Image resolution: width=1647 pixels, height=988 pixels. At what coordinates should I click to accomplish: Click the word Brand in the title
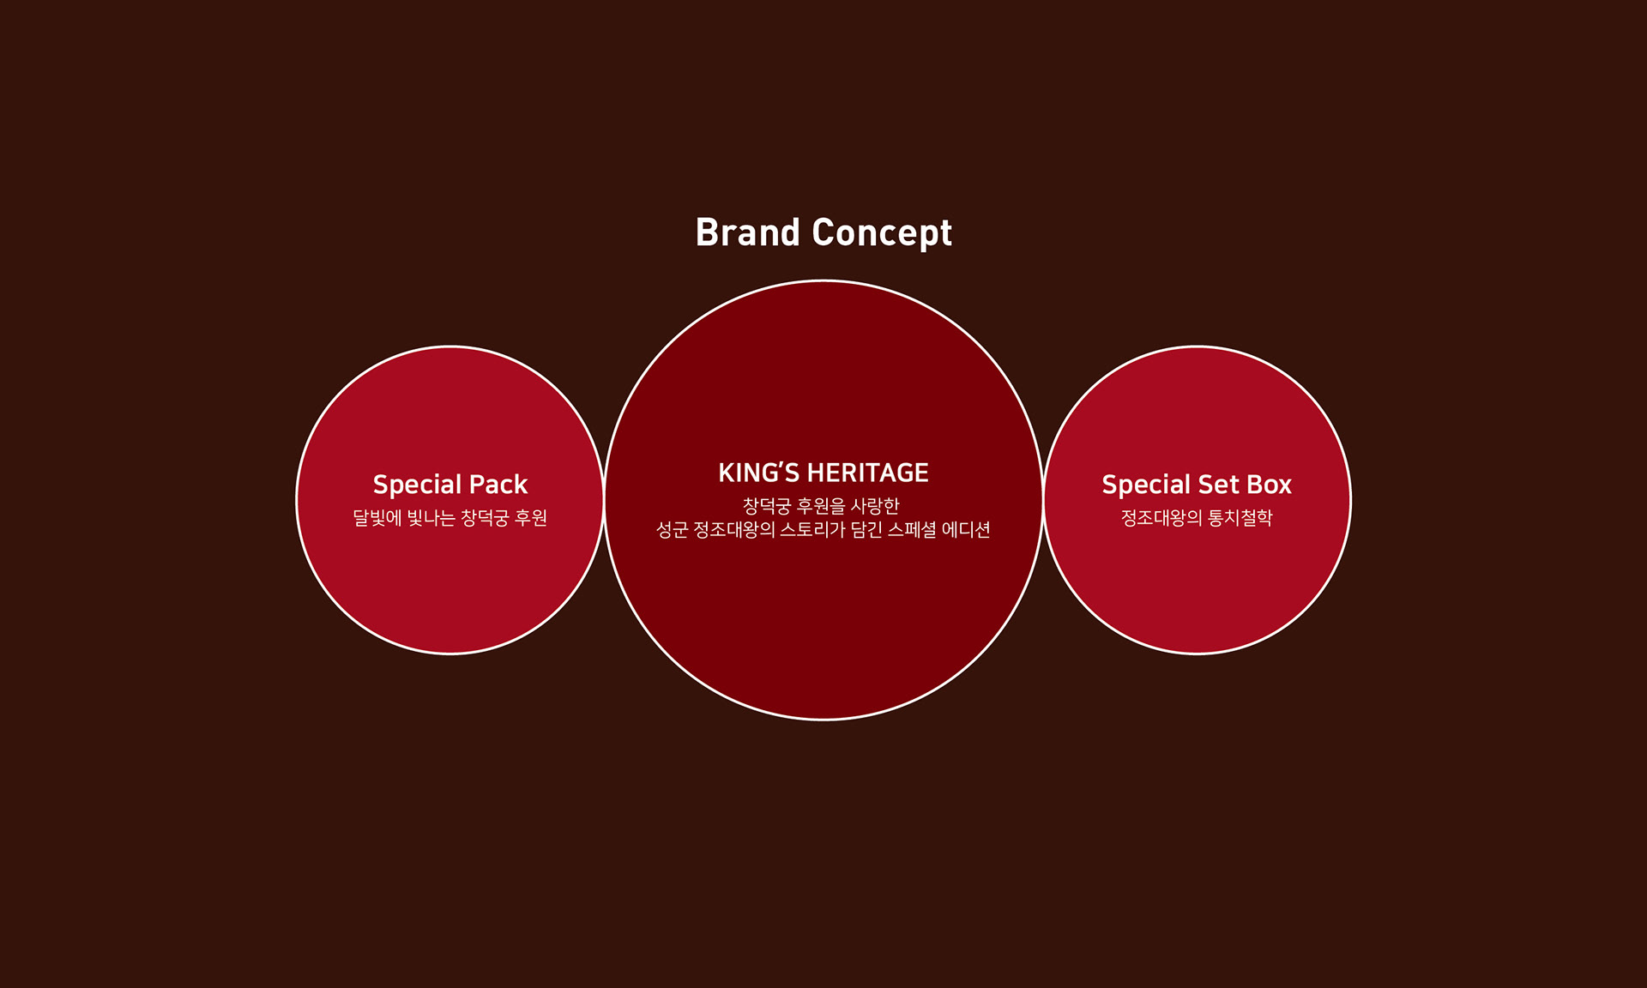click(x=747, y=232)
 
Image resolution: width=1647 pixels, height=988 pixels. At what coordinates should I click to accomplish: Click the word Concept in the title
click(x=882, y=232)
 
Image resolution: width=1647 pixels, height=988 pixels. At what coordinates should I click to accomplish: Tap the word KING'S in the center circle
click(x=758, y=473)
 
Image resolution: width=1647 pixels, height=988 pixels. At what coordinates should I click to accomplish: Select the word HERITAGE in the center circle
click(x=867, y=473)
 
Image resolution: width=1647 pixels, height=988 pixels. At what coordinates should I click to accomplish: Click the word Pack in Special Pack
click(x=498, y=485)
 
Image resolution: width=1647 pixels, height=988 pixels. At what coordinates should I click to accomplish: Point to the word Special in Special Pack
click(x=417, y=485)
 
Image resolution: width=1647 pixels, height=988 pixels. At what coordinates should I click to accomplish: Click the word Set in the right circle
click(x=1218, y=485)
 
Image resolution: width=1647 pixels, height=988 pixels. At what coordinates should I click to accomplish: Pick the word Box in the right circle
click(x=1269, y=485)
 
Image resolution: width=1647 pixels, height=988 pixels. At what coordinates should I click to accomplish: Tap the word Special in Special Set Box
click(x=1146, y=485)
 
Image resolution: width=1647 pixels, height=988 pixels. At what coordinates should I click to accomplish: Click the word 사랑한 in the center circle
click(x=874, y=506)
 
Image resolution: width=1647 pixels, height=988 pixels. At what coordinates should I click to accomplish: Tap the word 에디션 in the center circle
click(x=966, y=530)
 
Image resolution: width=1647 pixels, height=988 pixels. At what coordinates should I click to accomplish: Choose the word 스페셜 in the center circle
click(x=912, y=530)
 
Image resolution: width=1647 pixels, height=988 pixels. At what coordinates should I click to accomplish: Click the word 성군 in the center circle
click(x=672, y=530)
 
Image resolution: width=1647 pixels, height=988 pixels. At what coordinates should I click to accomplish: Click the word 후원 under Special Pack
click(x=530, y=518)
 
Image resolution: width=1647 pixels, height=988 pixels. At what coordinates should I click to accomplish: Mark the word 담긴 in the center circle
click(x=866, y=530)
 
